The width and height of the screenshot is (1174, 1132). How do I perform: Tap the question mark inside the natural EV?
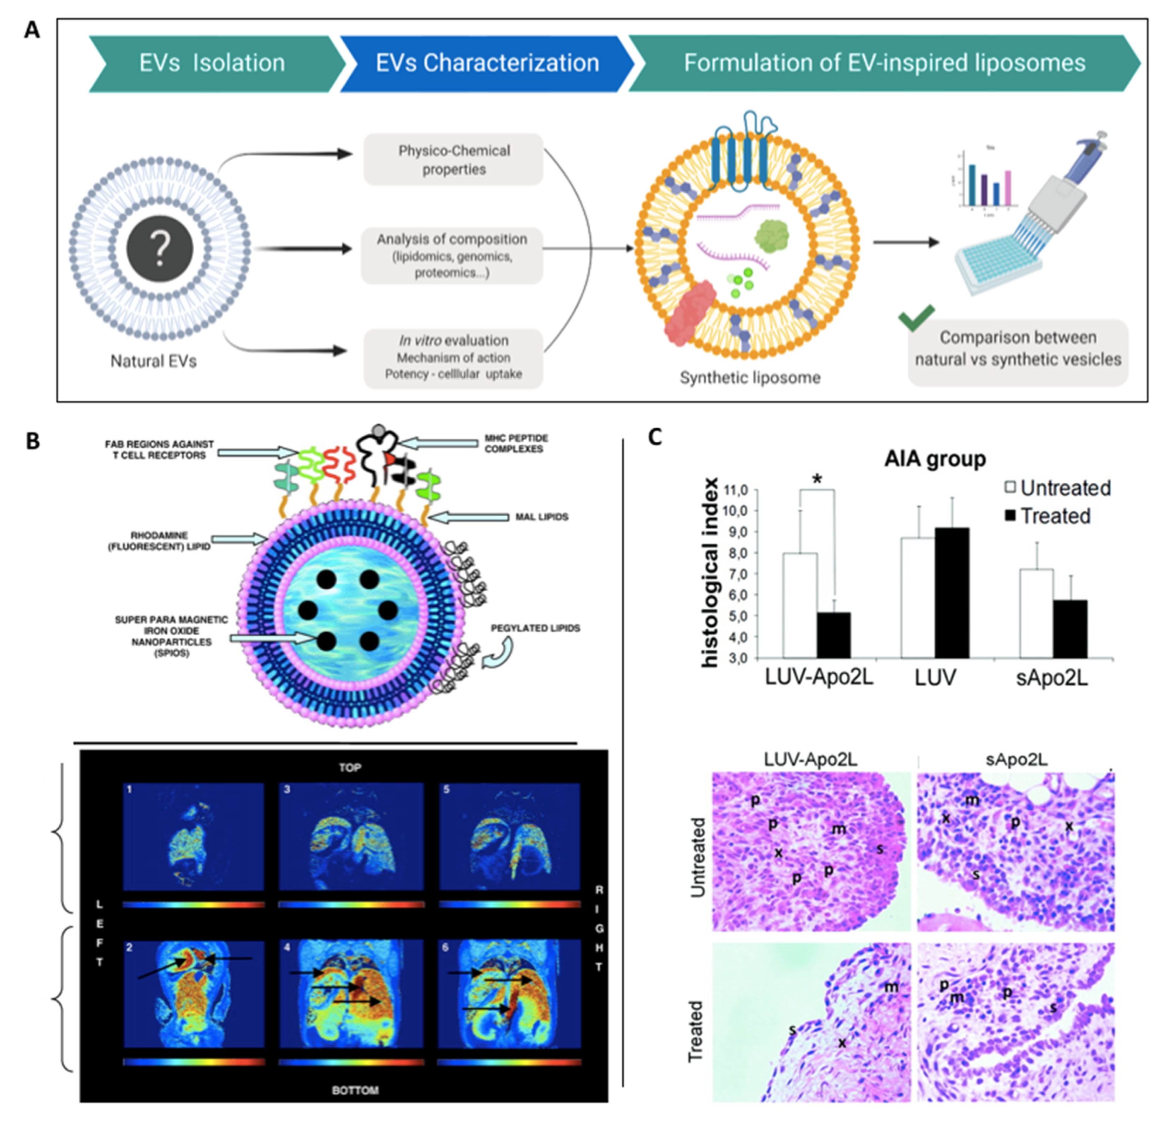pos(160,249)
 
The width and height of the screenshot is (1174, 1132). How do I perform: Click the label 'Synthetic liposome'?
pos(750,378)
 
